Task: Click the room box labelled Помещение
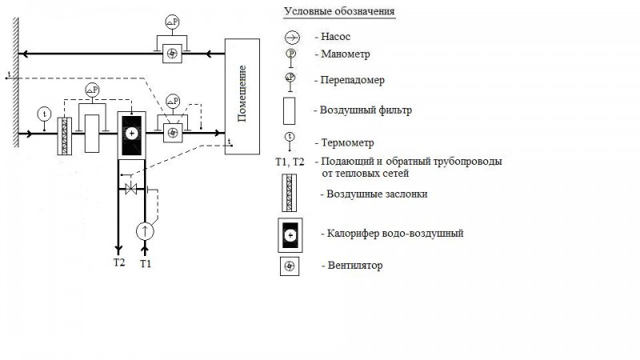242,96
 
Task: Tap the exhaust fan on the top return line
172,54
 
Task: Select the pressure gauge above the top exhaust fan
172,21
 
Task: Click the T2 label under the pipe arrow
118,262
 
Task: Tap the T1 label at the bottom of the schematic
146,262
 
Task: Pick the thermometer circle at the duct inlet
43,112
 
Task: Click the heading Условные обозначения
339,12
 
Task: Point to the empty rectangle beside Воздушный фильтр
291,110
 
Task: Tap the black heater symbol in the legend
290,234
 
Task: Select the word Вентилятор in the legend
354,265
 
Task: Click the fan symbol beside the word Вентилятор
290,266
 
